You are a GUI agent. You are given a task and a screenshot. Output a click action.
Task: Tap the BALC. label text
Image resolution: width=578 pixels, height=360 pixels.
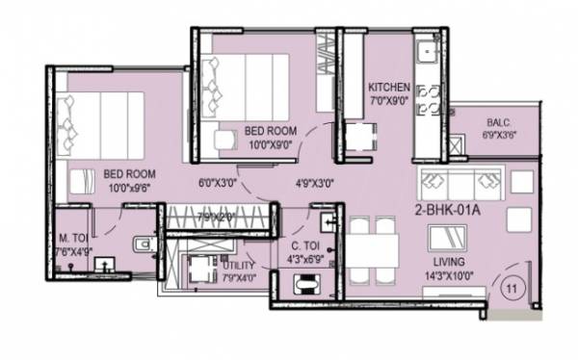point(498,123)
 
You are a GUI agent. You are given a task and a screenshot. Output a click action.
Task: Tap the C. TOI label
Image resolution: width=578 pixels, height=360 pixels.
point(305,245)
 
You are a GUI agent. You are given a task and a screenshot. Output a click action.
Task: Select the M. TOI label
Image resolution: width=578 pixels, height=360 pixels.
point(75,238)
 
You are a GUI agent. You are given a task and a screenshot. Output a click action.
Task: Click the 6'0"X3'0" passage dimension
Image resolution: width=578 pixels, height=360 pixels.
point(218,180)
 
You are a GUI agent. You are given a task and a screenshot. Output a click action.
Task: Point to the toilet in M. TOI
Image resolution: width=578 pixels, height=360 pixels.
point(144,246)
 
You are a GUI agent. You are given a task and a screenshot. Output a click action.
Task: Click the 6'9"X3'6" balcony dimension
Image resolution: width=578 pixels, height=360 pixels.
point(498,136)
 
